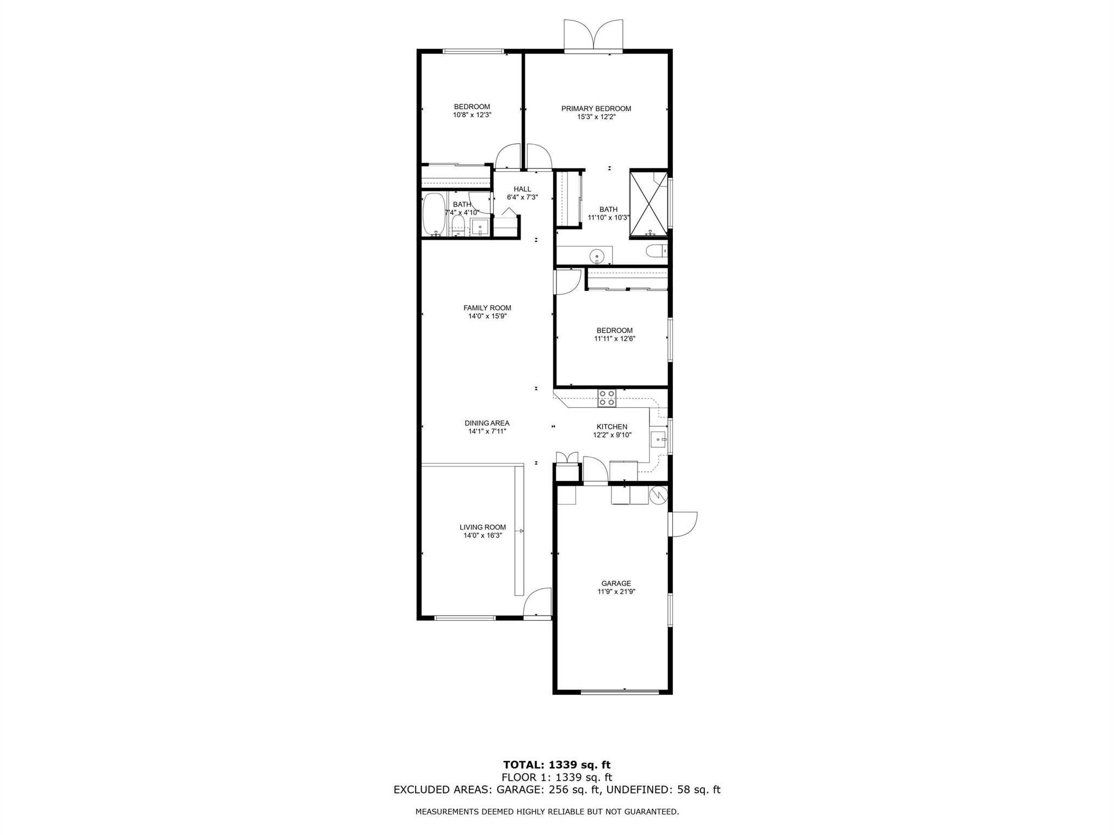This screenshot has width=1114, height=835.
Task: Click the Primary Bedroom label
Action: (x=596, y=109)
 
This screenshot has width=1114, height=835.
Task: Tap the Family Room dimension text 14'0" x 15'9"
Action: (x=487, y=316)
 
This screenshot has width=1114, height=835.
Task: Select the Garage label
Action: (x=616, y=583)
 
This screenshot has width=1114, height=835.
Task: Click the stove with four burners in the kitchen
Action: (x=607, y=398)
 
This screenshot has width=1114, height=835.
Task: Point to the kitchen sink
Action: (x=659, y=439)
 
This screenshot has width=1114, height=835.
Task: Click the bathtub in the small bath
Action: (x=434, y=215)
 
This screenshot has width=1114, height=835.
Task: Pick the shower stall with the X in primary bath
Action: (x=648, y=204)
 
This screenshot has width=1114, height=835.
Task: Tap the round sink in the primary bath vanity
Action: (x=597, y=254)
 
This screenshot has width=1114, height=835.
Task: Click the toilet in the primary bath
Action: (x=655, y=251)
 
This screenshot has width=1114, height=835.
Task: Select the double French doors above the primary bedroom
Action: (x=593, y=35)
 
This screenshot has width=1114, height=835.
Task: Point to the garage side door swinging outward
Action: (x=683, y=525)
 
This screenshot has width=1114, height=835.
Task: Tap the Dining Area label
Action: (x=487, y=423)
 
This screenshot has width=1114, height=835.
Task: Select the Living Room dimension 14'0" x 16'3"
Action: (x=482, y=535)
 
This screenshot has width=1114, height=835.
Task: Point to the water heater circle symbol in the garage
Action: (x=659, y=494)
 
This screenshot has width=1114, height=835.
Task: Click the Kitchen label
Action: (x=612, y=427)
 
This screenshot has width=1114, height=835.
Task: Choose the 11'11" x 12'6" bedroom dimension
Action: (x=615, y=338)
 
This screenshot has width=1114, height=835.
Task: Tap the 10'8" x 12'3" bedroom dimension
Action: (x=472, y=115)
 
